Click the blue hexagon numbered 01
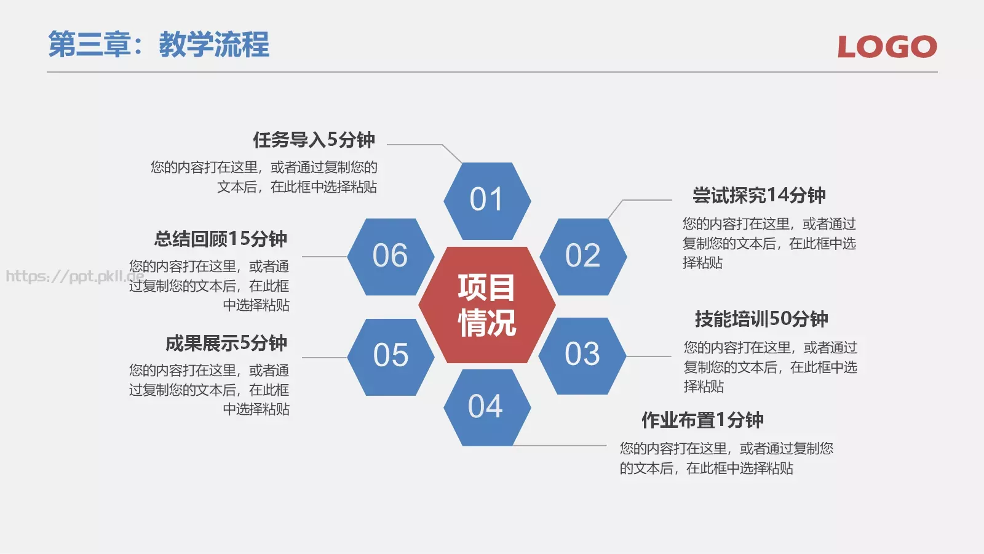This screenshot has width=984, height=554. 487,201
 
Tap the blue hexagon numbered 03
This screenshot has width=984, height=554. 582,356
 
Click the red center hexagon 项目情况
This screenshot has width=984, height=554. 487,305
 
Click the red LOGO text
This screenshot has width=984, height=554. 887,47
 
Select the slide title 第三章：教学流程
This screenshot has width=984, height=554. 159,45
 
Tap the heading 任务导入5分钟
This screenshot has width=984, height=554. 314,140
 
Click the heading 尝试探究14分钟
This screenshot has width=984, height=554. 759,196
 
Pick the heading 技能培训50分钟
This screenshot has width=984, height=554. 761,319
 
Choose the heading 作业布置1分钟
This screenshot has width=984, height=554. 702,420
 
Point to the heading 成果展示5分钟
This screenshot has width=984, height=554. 226,343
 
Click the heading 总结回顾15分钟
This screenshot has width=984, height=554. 221,239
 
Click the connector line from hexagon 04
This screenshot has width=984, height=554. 560,445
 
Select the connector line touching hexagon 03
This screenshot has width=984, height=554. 648,356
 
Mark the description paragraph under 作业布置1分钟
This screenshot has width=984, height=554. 726,459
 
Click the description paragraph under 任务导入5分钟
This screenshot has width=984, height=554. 264,177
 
